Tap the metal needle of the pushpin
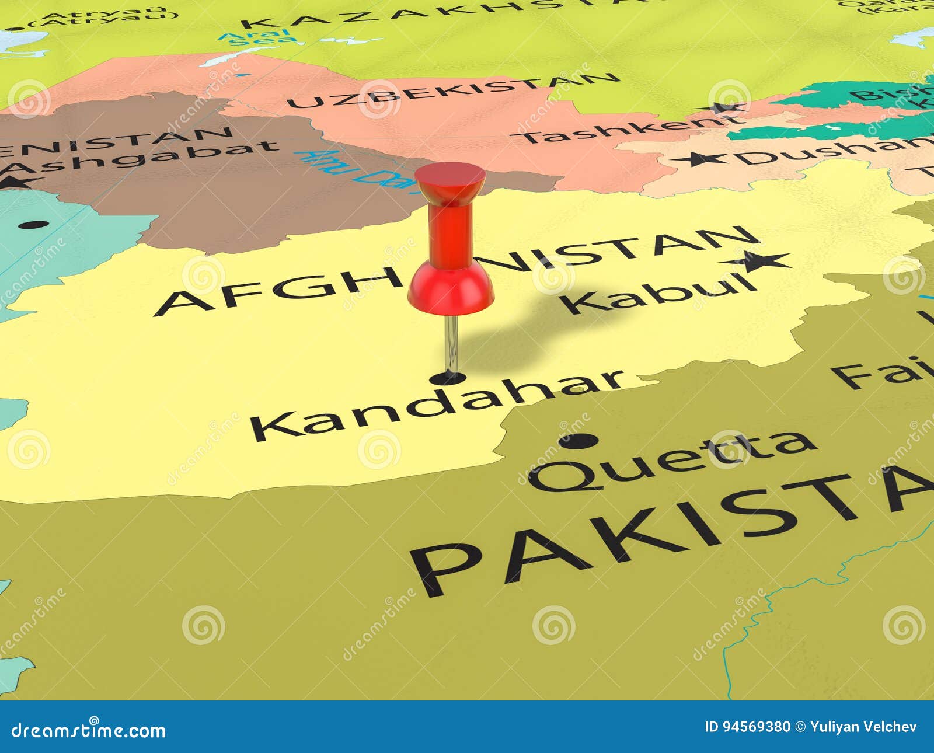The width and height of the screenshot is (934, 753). click(451, 344)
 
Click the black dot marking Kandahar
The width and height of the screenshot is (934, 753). click(448, 378)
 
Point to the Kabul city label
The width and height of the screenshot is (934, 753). click(660, 294)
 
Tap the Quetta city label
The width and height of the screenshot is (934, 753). click(671, 461)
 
